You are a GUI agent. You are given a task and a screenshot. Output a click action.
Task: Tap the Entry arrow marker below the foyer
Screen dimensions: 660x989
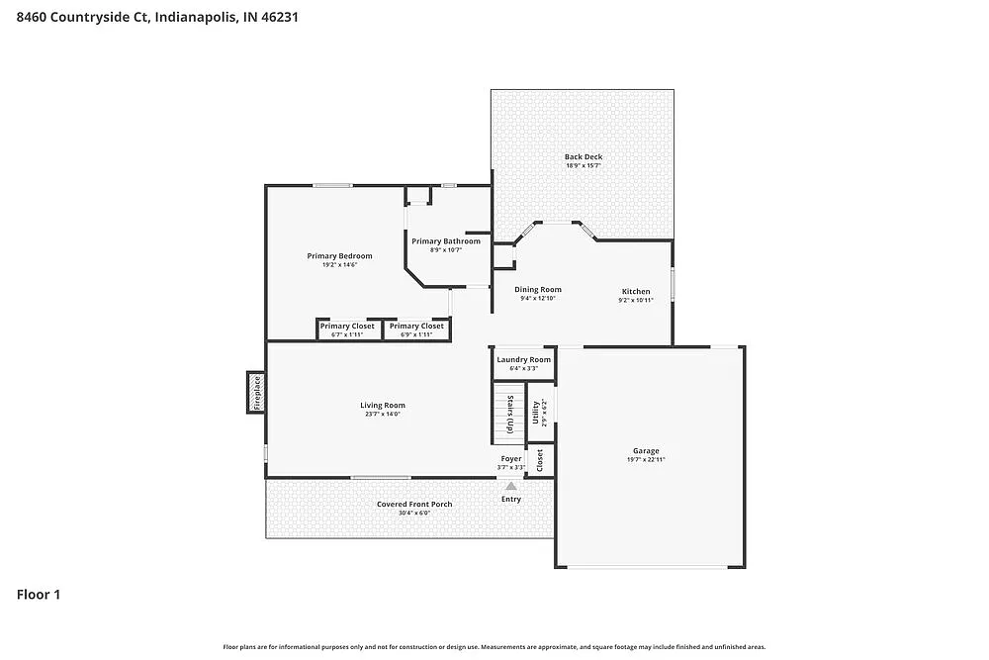[x=510, y=486]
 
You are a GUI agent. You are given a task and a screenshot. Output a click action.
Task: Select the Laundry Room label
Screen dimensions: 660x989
[x=523, y=359]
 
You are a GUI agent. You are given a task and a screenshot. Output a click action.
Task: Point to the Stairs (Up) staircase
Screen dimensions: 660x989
[x=508, y=414]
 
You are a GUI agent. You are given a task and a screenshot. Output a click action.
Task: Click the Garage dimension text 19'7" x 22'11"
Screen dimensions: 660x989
[x=647, y=460]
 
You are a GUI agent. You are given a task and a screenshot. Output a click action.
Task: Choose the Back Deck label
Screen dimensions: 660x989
[x=583, y=156]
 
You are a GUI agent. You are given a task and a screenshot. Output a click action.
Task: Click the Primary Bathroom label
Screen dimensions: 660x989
[x=446, y=241]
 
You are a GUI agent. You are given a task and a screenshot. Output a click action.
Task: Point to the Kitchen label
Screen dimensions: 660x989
[x=635, y=291]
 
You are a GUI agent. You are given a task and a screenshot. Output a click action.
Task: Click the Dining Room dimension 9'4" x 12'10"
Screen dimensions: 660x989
[x=538, y=298]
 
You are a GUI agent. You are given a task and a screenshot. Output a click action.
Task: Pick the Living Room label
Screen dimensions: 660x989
[x=382, y=405]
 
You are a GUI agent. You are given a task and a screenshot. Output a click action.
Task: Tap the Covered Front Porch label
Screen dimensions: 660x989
[x=414, y=504]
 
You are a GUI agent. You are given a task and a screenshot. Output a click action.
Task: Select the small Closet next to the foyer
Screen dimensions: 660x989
[x=540, y=460]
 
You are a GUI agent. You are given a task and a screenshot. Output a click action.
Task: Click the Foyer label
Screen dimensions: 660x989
[x=510, y=459]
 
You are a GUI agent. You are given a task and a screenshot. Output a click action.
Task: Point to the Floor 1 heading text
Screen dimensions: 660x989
[x=39, y=595]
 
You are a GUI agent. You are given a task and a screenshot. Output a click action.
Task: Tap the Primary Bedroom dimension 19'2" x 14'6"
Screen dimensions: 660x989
[x=339, y=264]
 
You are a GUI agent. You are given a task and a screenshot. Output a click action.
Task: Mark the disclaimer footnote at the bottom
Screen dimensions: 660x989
[x=494, y=646]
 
